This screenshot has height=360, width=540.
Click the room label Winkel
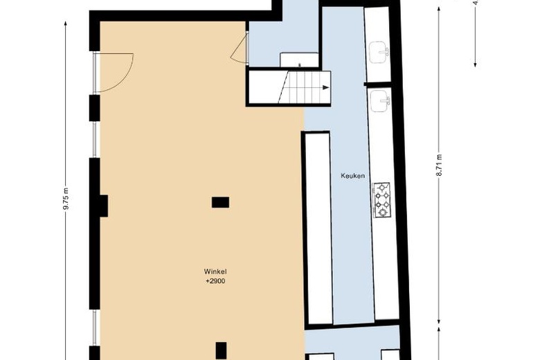[x=215, y=271]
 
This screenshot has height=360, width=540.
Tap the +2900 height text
[x=215, y=281]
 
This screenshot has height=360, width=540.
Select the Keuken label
[x=352, y=176]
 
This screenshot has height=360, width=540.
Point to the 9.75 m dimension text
[x=67, y=201]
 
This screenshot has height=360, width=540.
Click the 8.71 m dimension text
[x=439, y=167]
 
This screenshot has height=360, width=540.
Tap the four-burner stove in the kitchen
[x=382, y=201]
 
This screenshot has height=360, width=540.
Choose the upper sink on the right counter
[x=379, y=51]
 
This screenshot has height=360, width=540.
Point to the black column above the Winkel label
[x=220, y=202]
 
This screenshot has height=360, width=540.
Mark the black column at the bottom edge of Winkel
[x=221, y=350]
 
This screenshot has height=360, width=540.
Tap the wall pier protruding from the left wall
[x=102, y=206]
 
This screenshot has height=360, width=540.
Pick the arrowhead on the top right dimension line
[x=476, y=64]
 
